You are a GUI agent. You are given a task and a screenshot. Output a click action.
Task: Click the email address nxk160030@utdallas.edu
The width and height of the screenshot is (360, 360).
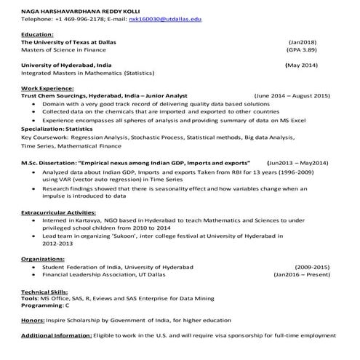tap(165, 19)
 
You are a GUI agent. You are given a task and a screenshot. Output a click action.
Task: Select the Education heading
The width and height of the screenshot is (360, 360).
tap(37, 35)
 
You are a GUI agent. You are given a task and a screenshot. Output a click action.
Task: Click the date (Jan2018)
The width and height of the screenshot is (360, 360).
tap(301, 43)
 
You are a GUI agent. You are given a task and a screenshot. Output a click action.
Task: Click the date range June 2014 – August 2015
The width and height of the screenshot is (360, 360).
tap(292, 96)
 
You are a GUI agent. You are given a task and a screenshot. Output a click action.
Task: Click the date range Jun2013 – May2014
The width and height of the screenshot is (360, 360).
tap(298, 163)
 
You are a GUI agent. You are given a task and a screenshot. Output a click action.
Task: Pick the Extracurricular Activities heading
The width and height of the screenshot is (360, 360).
tap(57, 212)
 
